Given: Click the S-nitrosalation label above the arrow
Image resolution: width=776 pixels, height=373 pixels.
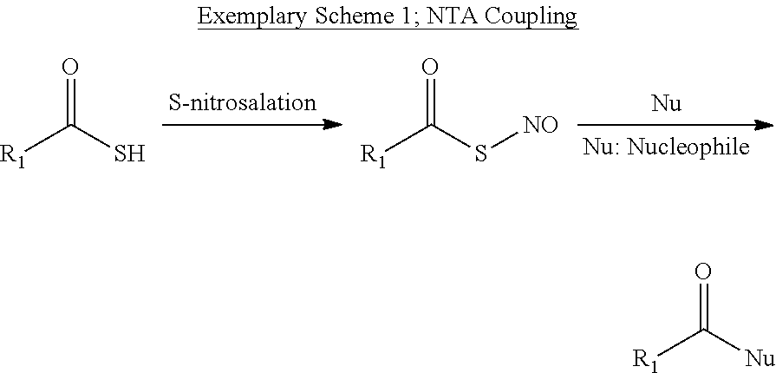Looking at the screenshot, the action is point(242,102).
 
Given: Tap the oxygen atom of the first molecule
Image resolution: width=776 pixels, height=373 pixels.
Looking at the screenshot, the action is point(73,67).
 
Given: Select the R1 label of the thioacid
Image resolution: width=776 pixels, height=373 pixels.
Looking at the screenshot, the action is point(17,157).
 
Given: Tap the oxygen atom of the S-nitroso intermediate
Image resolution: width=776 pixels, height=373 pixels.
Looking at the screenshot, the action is point(428,67).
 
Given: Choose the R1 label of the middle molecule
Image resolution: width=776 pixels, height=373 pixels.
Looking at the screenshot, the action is point(373,157).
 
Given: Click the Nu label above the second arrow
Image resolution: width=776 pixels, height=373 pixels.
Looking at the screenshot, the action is point(666,104).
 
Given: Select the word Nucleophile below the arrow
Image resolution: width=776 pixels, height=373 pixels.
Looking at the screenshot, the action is point(698,147).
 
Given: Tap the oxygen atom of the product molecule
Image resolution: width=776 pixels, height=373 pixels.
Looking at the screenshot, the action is point(704,271).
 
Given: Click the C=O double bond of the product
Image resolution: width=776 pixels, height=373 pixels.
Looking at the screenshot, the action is point(704,304).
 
